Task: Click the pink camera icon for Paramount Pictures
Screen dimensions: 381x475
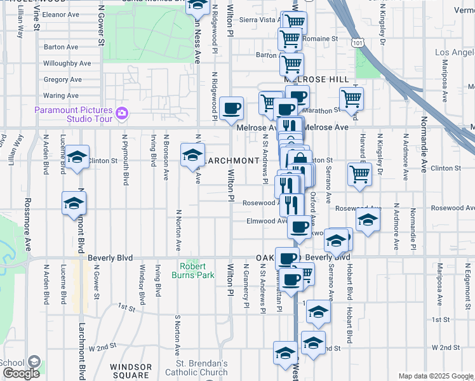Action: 123,114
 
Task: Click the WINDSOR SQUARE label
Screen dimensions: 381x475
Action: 131,371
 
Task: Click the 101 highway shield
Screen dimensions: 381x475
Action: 359,43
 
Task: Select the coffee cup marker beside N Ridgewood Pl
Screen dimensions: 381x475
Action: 232,107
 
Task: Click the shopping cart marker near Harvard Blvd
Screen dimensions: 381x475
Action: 351,98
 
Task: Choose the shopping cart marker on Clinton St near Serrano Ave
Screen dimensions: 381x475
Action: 359,173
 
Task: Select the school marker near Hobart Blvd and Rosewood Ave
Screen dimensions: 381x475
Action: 367,221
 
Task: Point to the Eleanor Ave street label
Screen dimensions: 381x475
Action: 60,14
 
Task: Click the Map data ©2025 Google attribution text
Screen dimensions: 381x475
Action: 435,376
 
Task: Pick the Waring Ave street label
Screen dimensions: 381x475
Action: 61,96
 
